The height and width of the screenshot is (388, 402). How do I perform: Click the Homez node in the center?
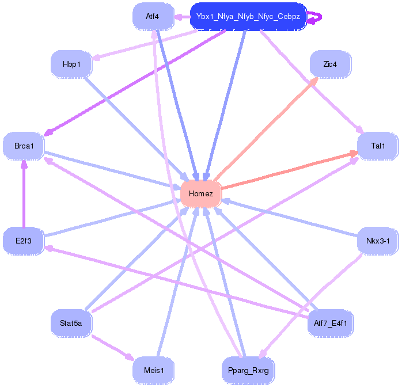[x=201, y=193]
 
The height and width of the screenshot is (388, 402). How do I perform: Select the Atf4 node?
[x=153, y=17]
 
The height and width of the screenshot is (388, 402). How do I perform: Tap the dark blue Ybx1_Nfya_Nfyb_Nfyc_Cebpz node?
[x=248, y=17]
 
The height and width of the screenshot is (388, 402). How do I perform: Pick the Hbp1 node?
[x=71, y=64]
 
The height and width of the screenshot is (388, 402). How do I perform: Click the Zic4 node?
[x=330, y=64]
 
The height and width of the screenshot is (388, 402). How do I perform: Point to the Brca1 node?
[x=24, y=146]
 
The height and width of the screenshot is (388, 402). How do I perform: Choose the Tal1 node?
[x=378, y=146]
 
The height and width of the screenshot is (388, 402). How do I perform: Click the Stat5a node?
[x=71, y=323]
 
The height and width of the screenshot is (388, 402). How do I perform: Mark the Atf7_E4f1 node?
[x=331, y=323]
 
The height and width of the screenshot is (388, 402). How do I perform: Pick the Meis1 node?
[x=153, y=370]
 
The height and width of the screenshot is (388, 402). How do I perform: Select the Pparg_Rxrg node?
[x=248, y=370]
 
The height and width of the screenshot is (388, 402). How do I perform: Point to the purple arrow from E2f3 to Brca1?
[x=24, y=196]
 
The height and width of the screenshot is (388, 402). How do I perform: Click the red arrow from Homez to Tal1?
[x=288, y=170]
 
